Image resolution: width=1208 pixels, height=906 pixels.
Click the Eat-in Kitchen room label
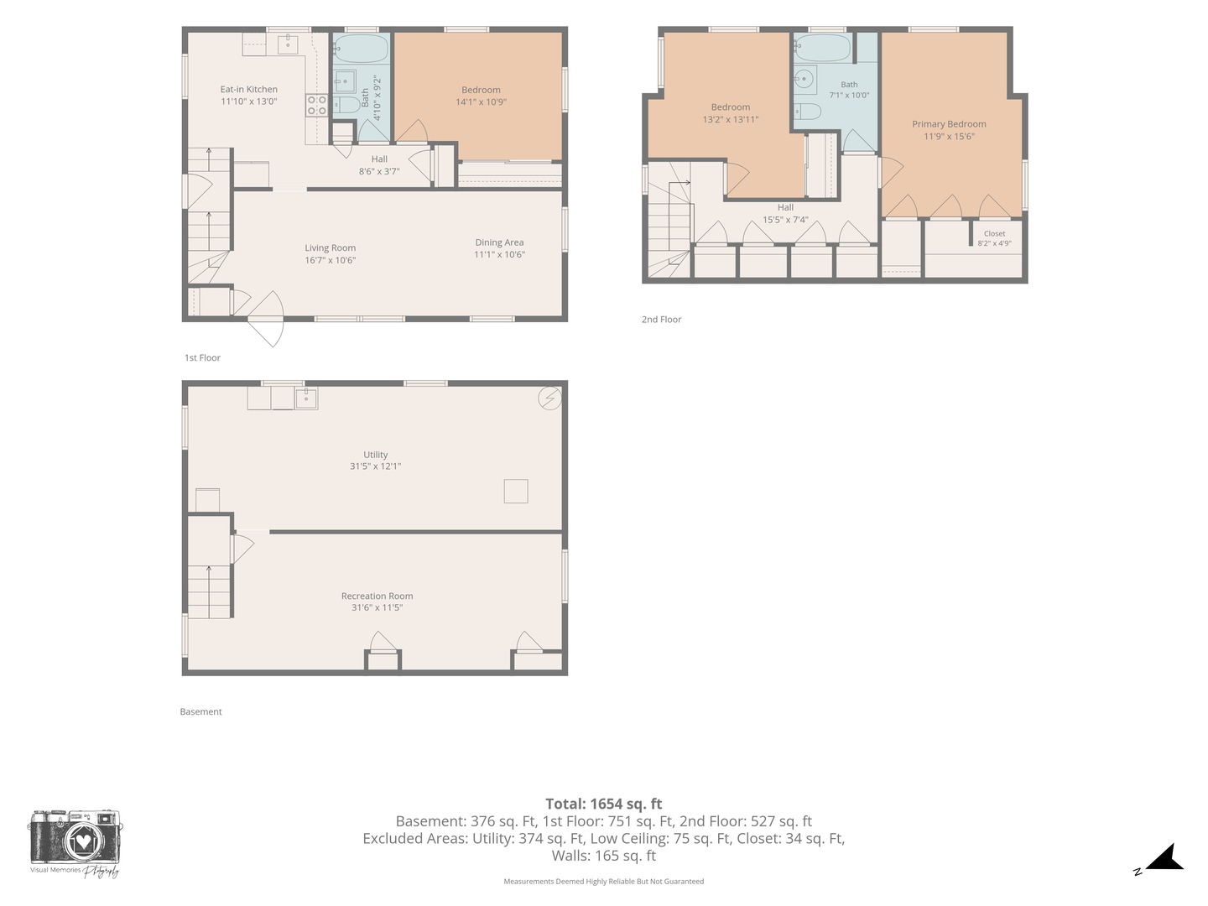[249, 89]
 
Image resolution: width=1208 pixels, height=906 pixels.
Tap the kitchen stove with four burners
[316, 105]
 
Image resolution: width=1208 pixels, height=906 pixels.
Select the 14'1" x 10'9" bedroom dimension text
[481, 102]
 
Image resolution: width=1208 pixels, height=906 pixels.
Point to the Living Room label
[331, 248]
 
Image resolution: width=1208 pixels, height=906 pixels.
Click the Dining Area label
[499, 242]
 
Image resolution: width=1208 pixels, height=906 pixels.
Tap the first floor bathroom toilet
[346, 105]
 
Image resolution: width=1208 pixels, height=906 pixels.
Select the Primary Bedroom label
[949, 124]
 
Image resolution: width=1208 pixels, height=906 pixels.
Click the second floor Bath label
[849, 85]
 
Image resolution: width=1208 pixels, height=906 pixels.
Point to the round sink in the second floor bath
[804, 79]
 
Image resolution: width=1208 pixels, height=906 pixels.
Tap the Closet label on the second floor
[994, 234]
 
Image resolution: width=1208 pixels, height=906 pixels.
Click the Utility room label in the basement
[375, 455]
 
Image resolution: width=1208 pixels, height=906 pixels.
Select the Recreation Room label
[377, 596]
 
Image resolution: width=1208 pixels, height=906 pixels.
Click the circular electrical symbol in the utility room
[549, 398]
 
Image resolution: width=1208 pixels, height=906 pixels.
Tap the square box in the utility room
[516, 492]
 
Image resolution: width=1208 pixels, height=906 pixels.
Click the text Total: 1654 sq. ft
[604, 804]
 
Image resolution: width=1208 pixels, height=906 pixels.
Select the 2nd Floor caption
[661, 320]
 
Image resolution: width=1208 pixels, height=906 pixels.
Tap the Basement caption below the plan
[200, 712]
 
